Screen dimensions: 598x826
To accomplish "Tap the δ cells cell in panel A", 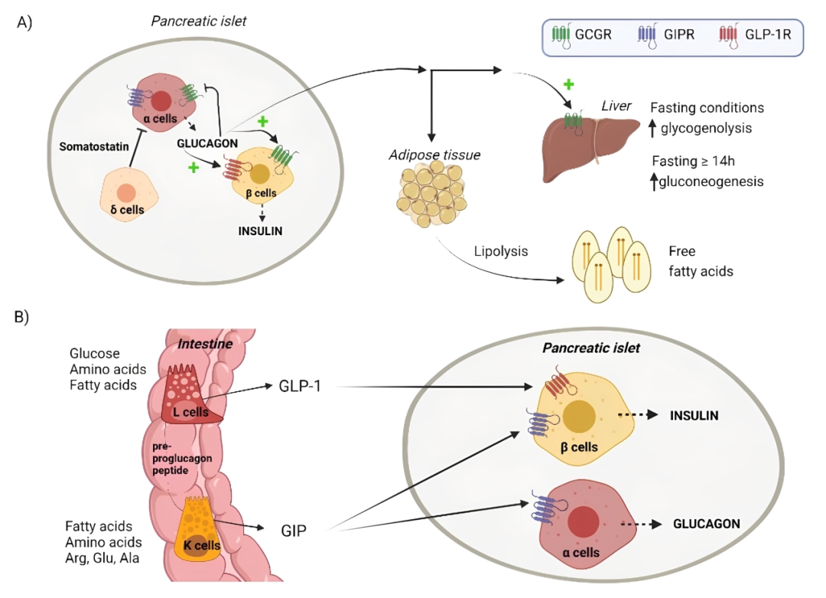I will pyautogui.click(x=127, y=197).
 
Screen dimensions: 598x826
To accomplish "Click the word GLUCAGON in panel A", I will pyautogui.click(x=207, y=142).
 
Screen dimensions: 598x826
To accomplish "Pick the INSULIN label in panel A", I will pyautogui.click(x=261, y=230).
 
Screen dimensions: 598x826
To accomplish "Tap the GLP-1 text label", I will pyautogui.click(x=301, y=385).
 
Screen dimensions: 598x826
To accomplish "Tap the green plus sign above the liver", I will pyautogui.click(x=568, y=83).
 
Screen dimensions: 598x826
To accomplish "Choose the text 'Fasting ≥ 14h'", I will pyautogui.click(x=698, y=162).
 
